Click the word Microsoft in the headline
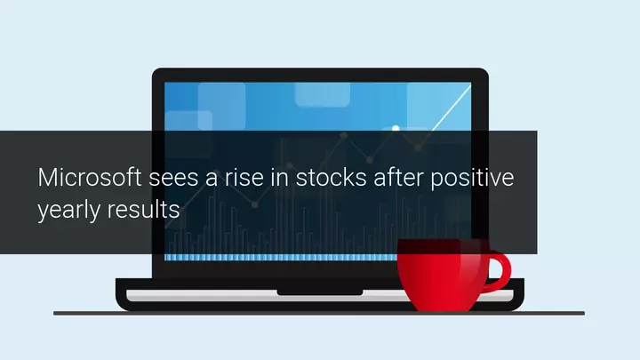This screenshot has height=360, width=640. (90, 178)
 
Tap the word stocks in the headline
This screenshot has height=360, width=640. (331, 178)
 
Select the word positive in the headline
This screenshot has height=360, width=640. (472, 179)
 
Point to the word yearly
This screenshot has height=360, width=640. (68, 211)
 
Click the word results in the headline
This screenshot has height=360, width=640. (144, 210)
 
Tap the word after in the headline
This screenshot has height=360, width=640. (398, 178)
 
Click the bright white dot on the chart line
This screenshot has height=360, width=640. (396, 129)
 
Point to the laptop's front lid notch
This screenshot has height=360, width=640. (320, 292)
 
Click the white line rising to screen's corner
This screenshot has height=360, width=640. (451, 107)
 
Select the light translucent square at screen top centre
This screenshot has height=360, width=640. (323, 95)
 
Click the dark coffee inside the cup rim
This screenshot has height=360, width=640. (444, 245)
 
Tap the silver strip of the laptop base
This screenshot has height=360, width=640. (265, 295)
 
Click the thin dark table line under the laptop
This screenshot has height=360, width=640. (319, 314)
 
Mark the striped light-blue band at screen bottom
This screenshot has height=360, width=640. (281, 258)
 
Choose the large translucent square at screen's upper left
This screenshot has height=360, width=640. (221, 106)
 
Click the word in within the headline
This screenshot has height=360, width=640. (280, 178)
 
